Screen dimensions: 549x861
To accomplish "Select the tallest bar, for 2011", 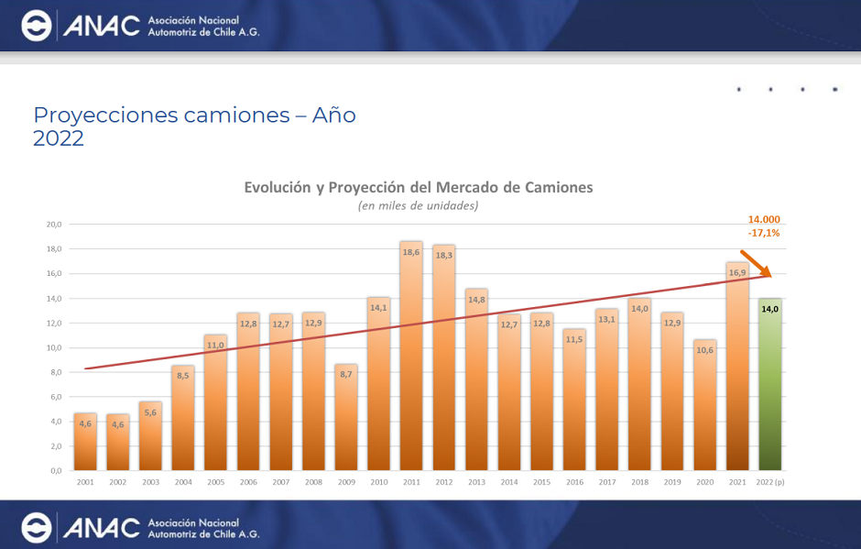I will pyautogui.click(x=411, y=357).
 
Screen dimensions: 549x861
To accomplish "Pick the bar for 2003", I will pyautogui.click(x=150, y=435).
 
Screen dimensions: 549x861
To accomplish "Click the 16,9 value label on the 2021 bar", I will pyautogui.click(x=737, y=272).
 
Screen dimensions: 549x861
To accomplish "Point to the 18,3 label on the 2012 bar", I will pyautogui.click(x=444, y=255).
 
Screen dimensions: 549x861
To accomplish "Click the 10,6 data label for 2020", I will pyautogui.click(x=704, y=350).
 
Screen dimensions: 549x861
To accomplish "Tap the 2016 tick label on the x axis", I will pyautogui.click(x=574, y=482).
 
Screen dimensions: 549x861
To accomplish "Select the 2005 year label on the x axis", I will pyautogui.click(x=215, y=482).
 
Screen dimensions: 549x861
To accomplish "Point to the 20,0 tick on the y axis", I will pyautogui.click(x=54, y=225).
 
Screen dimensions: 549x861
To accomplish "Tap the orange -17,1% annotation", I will pyautogui.click(x=763, y=233).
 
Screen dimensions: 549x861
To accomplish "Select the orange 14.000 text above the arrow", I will pyautogui.click(x=764, y=220).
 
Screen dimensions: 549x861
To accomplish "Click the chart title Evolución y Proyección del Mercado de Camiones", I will pyautogui.click(x=418, y=187).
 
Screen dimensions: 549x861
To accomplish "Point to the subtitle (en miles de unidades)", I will pyautogui.click(x=418, y=206).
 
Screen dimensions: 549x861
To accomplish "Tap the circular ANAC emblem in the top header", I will pyautogui.click(x=37, y=27).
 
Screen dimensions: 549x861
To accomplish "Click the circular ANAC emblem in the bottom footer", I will pyautogui.click(x=37, y=526).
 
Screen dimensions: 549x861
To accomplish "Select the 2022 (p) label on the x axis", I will pyautogui.click(x=770, y=482).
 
